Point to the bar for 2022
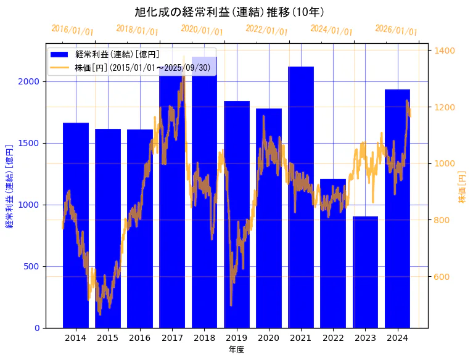[333, 253]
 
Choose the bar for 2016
[140, 228]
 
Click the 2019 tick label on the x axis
[237, 338]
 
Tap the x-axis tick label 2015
[108, 338]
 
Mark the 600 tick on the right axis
[442, 277]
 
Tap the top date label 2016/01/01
[72, 30]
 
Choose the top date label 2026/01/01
[396, 30]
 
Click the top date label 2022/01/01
[266, 30]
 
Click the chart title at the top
[229, 12]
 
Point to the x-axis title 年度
[236, 350]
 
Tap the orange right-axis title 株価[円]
[462, 188]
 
